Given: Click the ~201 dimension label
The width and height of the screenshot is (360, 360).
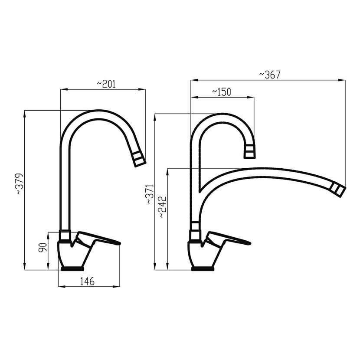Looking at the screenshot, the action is click(x=106, y=84).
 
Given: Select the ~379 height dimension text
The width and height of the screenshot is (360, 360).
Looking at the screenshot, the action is click(x=20, y=184).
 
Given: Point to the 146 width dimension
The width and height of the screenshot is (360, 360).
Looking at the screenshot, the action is click(x=87, y=281).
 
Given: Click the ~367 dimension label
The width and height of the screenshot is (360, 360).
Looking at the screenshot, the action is click(x=270, y=75).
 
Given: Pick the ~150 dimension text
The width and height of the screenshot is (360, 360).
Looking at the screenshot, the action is click(x=221, y=92).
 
